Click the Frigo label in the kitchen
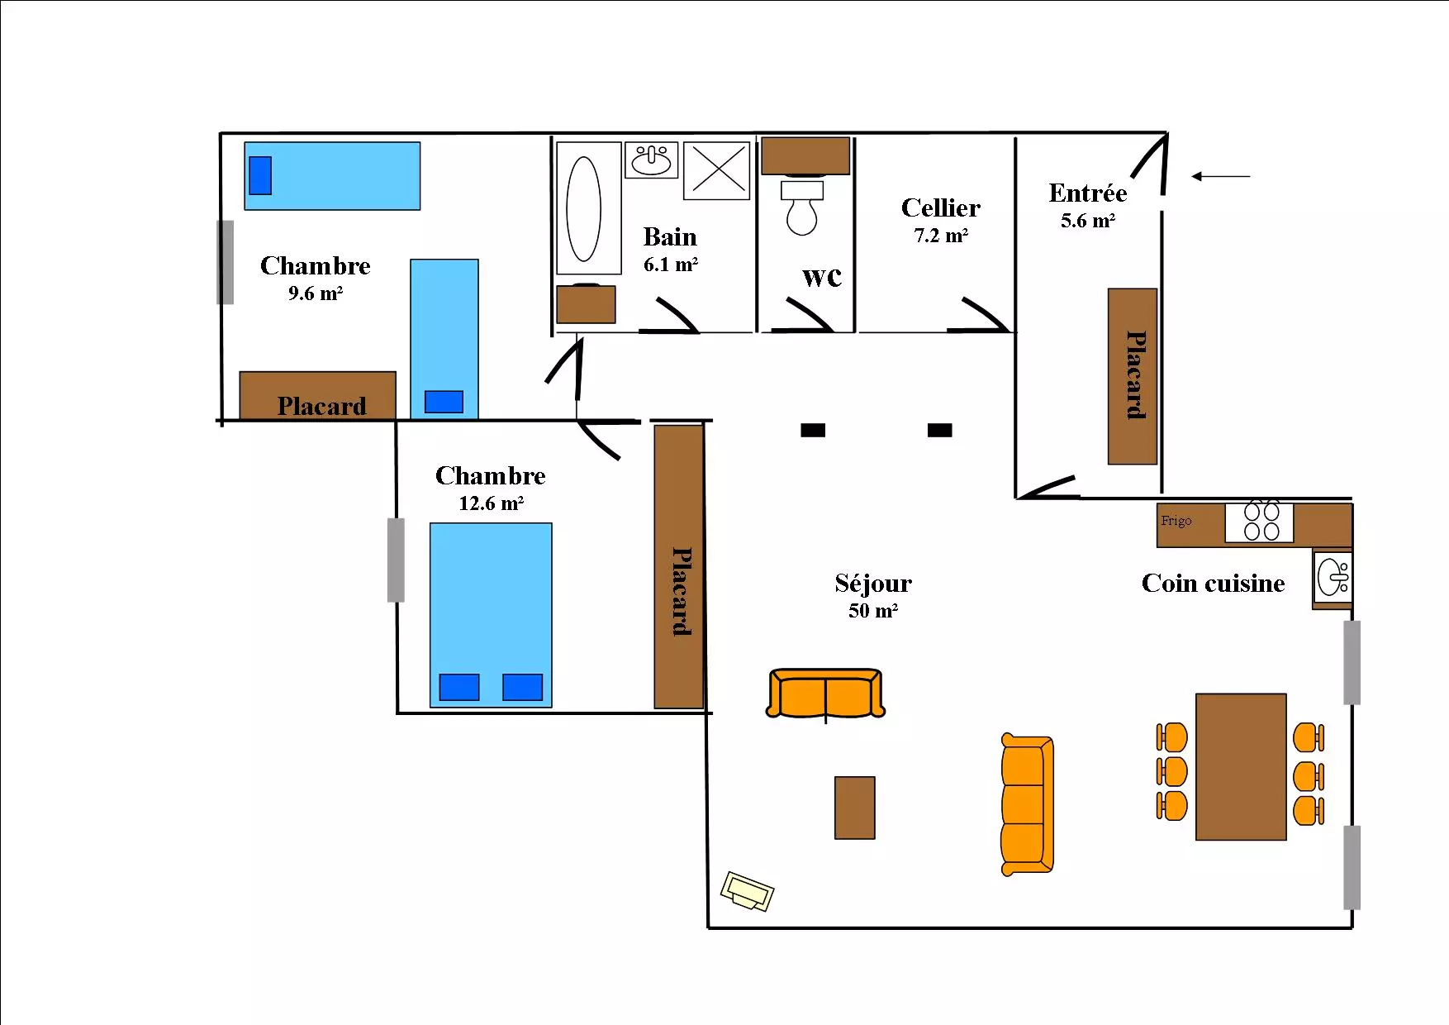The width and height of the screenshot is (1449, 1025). (1176, 521)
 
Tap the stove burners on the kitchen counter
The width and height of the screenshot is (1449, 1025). (1260, 522)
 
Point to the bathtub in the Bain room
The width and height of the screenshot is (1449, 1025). (589, 208)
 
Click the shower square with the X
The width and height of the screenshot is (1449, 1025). (716, 171)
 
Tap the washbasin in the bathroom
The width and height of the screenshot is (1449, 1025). (652, 160)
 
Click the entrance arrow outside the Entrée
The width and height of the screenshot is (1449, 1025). (1220, 176)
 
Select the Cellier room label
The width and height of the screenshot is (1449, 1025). (941, 207)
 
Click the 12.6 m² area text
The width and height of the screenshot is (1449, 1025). (491, 503)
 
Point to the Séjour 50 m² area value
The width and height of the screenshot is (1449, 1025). (873, 611)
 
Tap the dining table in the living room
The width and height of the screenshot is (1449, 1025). (1241, 767)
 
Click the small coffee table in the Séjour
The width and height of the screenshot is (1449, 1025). (854, 808)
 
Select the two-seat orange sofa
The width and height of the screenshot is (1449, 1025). (825, 693)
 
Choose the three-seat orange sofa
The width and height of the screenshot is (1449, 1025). (1027, 804)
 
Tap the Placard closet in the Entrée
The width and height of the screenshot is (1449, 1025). (1132, 376)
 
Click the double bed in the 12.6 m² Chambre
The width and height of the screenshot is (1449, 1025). (491, 615)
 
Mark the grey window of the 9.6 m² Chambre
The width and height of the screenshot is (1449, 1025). (226, 262)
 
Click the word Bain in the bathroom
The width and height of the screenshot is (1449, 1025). (670, 237)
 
